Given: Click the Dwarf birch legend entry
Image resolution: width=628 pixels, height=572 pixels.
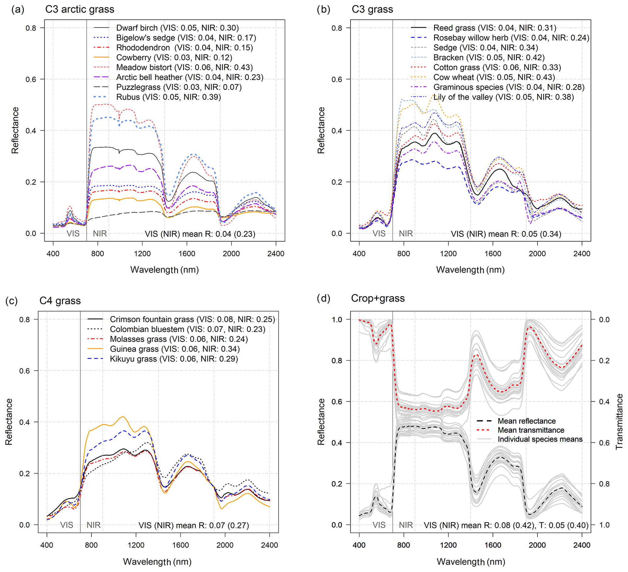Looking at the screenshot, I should pos(177,28).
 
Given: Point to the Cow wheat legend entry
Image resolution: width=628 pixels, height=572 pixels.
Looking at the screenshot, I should pos(494,77).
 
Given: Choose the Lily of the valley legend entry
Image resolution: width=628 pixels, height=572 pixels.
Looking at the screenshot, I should pos(503,97).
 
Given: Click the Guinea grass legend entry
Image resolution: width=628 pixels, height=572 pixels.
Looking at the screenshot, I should pos(175,349).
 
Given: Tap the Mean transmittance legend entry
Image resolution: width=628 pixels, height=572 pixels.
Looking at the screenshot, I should pos(531,430).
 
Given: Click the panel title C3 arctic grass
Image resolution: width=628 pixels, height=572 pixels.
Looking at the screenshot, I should pos(80,9).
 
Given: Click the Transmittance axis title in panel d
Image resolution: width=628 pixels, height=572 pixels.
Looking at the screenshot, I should pos(619,422).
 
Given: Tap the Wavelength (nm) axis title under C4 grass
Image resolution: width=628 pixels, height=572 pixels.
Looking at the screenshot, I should pos(157,561).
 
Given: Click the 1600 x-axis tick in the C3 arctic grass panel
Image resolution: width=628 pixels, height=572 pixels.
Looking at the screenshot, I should pos(187,254).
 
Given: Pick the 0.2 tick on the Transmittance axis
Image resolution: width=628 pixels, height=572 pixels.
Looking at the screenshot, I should pos(604,361).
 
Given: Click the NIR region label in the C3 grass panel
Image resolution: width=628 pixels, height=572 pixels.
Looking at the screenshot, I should pos(406,234).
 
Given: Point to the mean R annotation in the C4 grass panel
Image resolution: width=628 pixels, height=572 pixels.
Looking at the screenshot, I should pos(194,525).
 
